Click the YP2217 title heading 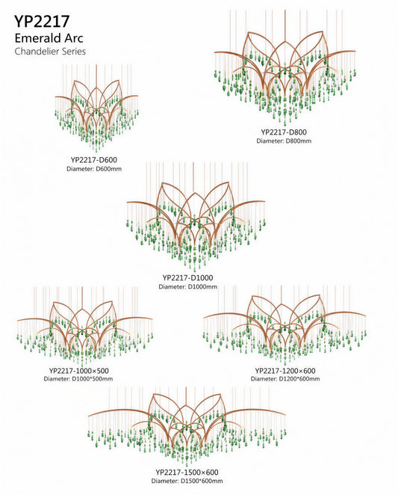pyautogui.click(x=42, y=22)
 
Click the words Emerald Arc pyautogui.click(x=49, y=38)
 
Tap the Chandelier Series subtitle pyautogui.click(x=50, y=51)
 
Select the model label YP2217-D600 pyautogui.click(x=94, y=160)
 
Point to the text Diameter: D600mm pyautogui.click(x=94, y=169)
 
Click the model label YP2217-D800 pyautogui.click(x=284, y=132)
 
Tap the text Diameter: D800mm pyautogui.click(x=284, y=141)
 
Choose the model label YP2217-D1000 pyautogui.click(x=188, y=278)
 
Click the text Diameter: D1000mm pyautogui.click(x=188, y=287)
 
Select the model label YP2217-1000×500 pyautogui.click(x=79, y=371)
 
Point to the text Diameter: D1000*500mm pyautogui.click(x=78, y=378)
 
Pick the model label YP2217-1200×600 pyautogui.click(x=285, y=371)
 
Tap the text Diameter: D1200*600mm pyautogui.click(x=285, y=378)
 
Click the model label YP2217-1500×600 pyautogui.click(x=187, y=473)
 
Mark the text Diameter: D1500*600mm pyautogui.click(x=187, y=481)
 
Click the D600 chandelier pyautogui.click(x=96, y=108)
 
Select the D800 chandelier pyautogui.click(x=285, y=67)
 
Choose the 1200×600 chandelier pyautogui.click(x=284, y=325)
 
